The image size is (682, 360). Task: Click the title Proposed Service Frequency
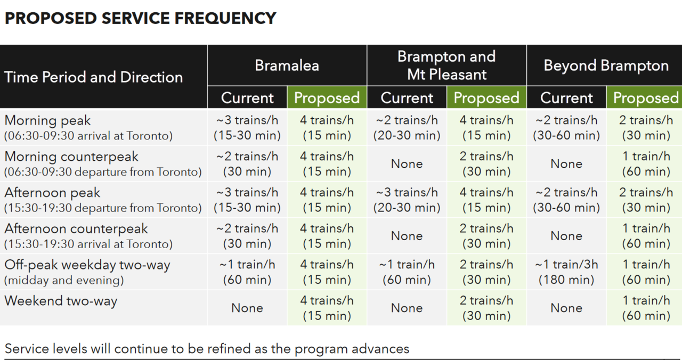(x=140, y=18)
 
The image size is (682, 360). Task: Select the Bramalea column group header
(x=287, y=66)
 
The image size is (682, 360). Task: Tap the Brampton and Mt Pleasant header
(x=446, y=65)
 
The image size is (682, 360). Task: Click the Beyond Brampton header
(x=606, y=66)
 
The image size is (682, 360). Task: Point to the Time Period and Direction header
(x=94, y=77)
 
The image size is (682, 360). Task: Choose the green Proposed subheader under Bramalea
(x=327, y=98)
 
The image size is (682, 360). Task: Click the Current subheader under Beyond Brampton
(x=566, y=98)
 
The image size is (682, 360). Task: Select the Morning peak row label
(x=48, y=121)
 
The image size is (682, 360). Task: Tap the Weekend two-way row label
(x=61, y=301)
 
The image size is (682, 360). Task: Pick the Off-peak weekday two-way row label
(x=87, y=265)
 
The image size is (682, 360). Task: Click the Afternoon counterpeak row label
(x=76, y=229)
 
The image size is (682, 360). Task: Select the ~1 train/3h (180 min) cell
(x=566, y=272)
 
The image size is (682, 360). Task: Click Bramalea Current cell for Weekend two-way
(x=247, y=308)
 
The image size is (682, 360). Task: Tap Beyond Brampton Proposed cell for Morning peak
(x=646, y=128)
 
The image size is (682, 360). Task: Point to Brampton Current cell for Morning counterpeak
(x=407, y=164)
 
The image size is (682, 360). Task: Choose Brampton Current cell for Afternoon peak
(x=407, y=200)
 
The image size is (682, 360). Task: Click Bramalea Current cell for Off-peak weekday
(x=247, y=272)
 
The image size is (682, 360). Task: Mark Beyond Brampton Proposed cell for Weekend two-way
(x=646, y=308)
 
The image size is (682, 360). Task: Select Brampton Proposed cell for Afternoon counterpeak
(x=486, y=236)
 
